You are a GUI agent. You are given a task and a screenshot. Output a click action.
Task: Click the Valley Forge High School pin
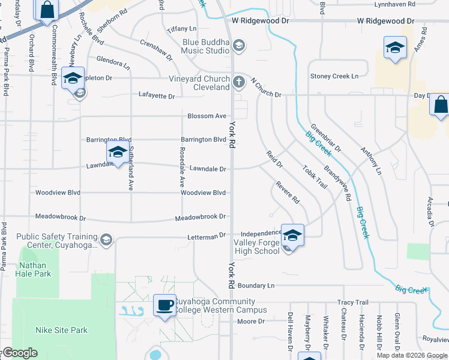[x=292, y=235]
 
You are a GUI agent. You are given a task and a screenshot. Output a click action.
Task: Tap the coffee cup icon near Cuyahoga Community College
[x=165, y=305]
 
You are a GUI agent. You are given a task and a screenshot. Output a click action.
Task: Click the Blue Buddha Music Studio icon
[x=239, y=46]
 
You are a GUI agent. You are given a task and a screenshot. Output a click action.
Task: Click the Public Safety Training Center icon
[x=106, y=241]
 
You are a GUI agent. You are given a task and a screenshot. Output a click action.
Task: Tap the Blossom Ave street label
[x=206, y=116]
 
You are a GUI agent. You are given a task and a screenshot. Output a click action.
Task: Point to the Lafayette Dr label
[x=157, y=96]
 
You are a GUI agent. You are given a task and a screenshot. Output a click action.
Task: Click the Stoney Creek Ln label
[x=334, y=76]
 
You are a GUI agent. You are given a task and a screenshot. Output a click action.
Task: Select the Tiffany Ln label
[x=182, y=29]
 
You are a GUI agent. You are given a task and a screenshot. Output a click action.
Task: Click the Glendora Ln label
[x=113, y=63]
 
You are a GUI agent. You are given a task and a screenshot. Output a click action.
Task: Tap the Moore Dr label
[x=250, y=322]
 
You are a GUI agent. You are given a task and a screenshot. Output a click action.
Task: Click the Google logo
[x=20, y=353]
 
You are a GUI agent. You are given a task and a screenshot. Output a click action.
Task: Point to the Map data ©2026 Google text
[x=412, y=355]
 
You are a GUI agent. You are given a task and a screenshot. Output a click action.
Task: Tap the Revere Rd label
[x=288, y=191]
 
